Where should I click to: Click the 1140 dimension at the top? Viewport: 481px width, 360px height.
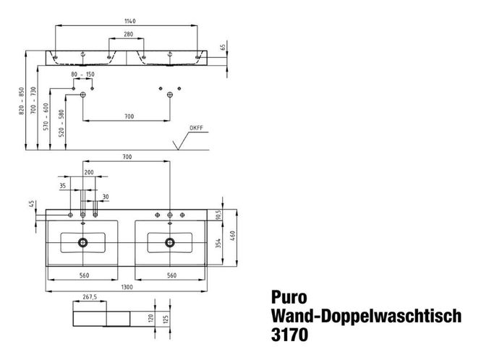coord(129,21)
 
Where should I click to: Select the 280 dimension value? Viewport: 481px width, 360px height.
coord(128,35)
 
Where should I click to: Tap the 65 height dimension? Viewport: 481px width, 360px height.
coord(223,47)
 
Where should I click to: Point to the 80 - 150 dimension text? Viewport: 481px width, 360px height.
coord(83,74)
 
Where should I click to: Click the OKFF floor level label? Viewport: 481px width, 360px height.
coord(196,128)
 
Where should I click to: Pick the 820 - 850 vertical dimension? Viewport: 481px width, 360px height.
coord(22,101)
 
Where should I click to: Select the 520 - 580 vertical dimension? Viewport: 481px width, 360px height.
coord(61,124)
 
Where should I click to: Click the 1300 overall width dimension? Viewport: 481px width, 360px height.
coord(127,287)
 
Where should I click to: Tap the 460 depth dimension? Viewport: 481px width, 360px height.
coord(232,236)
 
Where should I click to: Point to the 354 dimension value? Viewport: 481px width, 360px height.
coord(218,244)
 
